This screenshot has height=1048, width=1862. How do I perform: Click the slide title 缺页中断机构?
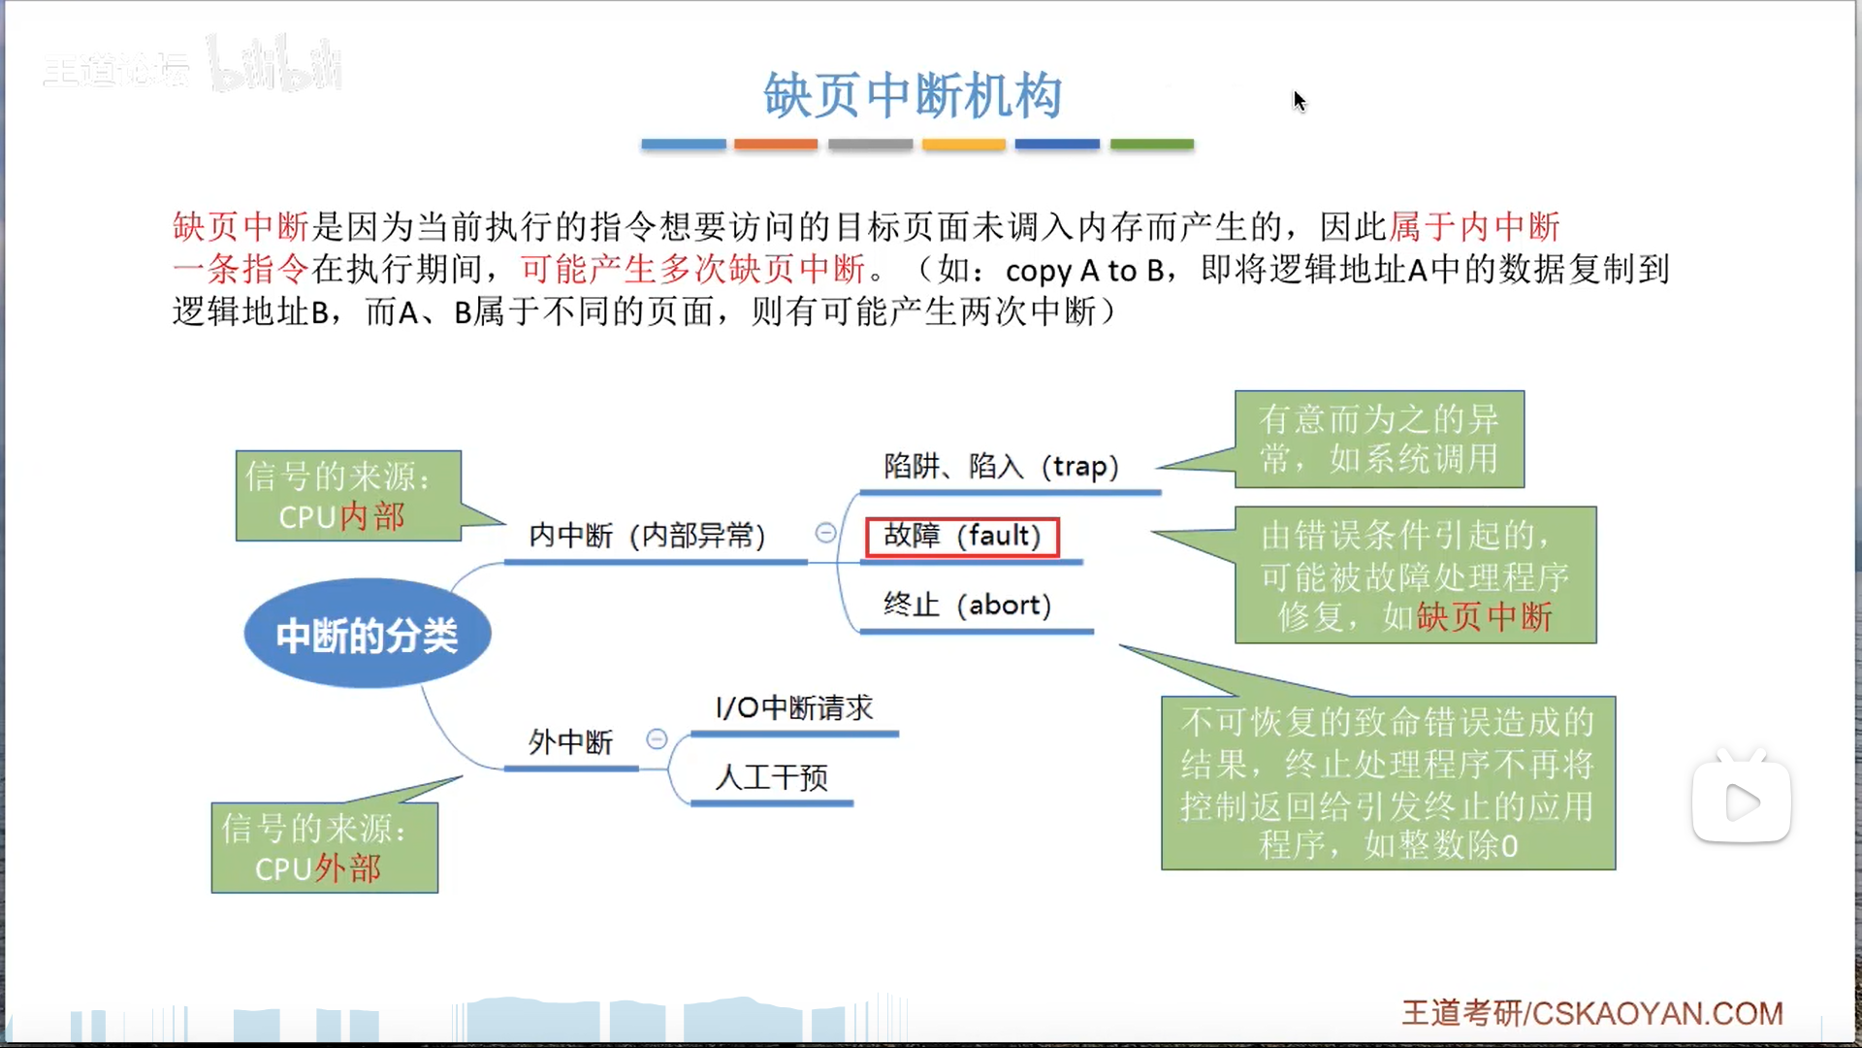[913, 96]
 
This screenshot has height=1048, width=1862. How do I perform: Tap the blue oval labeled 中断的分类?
[368, 635]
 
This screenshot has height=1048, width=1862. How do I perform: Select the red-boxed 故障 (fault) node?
[961, 537]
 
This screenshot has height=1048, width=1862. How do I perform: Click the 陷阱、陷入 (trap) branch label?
[1001, 467]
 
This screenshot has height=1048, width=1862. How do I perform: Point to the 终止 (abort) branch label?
[967, 606]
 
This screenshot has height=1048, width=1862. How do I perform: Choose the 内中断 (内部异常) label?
[647, 536]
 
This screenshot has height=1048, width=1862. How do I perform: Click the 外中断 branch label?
[570, 742]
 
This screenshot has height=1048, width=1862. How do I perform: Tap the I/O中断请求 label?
[794, 708]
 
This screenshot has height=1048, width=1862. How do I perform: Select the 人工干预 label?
[771, 777]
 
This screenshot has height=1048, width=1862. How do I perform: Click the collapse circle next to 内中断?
[825, 533]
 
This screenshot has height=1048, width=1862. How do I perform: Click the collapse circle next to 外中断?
[657, 739]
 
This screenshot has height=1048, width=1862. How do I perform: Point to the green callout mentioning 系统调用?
[1378, 440]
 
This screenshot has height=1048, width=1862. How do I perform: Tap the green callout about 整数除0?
[1388, 783]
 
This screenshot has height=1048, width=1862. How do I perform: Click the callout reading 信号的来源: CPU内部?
[348, 496]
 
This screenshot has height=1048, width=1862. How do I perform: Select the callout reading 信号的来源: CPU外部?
[325, 848]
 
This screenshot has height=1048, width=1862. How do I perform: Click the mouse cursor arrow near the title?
[1300, 100]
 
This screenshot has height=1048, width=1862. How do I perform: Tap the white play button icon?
[1742, 802]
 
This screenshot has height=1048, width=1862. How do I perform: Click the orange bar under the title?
[776, 145]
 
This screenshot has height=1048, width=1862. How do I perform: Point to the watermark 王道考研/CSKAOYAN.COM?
[1591, 1013]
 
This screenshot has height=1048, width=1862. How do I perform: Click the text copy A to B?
[1084, 271]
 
